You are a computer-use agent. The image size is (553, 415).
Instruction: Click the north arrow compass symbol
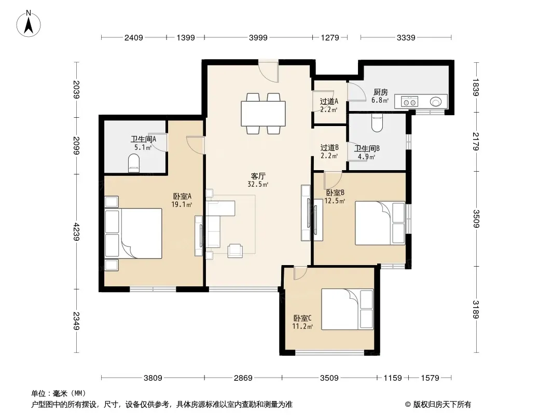click(29, 24)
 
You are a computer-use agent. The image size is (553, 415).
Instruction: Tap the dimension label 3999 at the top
click(258, 37)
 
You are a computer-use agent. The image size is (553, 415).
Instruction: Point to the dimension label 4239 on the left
click(76, 232)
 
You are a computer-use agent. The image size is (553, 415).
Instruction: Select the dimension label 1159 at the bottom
click(393, 378)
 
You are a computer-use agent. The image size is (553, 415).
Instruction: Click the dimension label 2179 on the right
click(476, 141)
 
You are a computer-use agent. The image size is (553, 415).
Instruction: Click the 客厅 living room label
click(258, 176)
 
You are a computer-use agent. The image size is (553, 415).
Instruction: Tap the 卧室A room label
click(182, 196)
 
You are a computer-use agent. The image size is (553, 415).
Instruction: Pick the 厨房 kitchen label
click(381, 92)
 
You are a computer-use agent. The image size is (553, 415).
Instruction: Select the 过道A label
click(329, 102)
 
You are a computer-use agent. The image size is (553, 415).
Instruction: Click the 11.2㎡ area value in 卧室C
click(302, 326)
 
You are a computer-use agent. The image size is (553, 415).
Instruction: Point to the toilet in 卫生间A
click(134, 164)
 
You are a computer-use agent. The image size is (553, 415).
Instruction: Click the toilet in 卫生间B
click(377, 123)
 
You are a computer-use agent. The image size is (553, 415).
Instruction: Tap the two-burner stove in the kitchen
click(409, 102)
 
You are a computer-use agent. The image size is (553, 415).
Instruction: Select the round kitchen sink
click(436, 102)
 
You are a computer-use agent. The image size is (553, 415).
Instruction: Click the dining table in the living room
click(263, 114)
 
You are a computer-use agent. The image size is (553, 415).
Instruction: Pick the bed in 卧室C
click(348, 310)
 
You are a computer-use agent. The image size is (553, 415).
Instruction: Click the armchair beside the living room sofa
click(235, 251)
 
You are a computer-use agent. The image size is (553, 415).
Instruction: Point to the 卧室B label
click(335, 192)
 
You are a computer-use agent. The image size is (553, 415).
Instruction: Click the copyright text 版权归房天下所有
click(441, 405)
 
